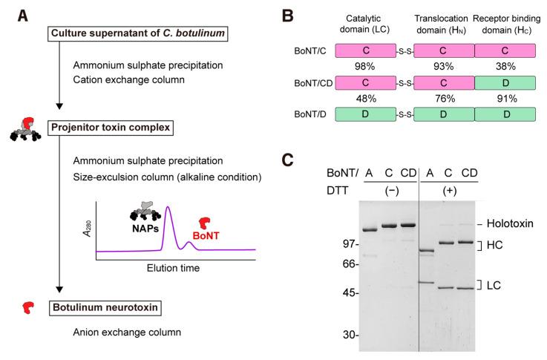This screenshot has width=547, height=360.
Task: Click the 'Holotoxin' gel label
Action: click(x=512, y=222)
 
